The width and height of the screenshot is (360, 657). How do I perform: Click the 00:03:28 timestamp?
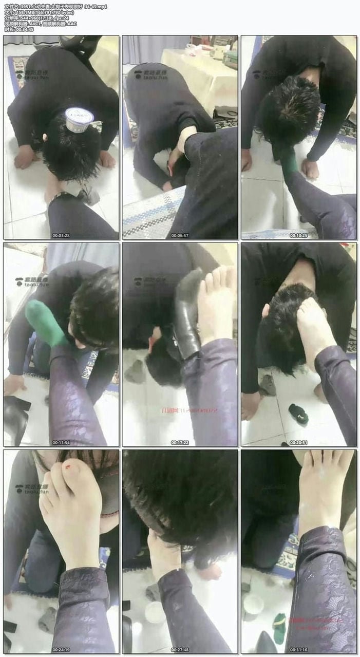pos(61,235)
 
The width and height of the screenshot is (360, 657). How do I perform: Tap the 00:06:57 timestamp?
pos(180,235)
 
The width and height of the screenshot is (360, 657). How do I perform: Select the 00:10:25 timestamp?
pos(299,235)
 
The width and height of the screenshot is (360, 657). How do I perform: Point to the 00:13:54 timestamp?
pos(61,442)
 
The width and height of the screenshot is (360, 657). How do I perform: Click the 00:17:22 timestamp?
pos(180,442)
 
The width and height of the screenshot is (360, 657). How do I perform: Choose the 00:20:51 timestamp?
pos(299,442)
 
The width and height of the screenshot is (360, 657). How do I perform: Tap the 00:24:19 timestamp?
pos(61,649)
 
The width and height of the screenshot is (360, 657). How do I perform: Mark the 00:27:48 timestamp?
pos(180,649)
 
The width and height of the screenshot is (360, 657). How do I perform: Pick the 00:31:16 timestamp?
pos(299,649)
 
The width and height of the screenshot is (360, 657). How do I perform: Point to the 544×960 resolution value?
pos(32,18)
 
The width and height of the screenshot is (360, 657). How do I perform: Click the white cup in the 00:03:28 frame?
pos(79,119)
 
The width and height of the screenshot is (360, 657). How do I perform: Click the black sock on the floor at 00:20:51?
pos(298,413)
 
